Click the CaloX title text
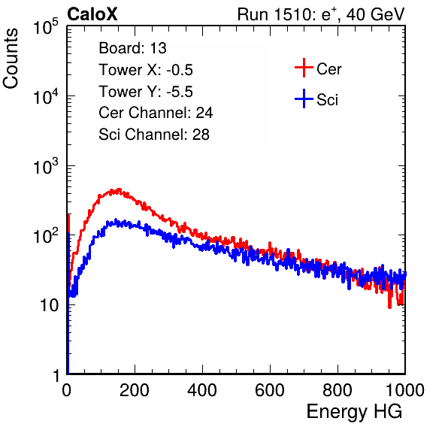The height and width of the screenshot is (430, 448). click(x=92, y=14)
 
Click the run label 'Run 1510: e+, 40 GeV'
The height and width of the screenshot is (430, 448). click(x=321, y=14)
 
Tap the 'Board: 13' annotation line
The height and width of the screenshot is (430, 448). click(x=132, y=48)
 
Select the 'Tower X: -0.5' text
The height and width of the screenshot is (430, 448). click(x=146, y=70)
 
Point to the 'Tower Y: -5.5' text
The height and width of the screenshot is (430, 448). click(x=146, y=92)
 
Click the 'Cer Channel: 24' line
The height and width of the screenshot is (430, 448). click(x=156, y=113)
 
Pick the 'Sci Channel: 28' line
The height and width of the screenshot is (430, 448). click(x=154, y=135)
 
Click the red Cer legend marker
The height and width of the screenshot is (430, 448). click(x=304, y=68)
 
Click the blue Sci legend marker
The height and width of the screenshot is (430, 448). click(x=304, y=98)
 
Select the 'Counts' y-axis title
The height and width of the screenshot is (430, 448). click(x=11, y=58)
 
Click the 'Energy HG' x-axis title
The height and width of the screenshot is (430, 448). click(x=354, y=412)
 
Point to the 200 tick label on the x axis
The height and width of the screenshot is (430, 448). click(x=135, y=390)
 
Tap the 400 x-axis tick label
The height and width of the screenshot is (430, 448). click(x=202, y=390)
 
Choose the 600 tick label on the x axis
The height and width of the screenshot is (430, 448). click(x=270, y=390)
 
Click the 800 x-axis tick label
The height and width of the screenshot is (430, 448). click(x=338, y=390)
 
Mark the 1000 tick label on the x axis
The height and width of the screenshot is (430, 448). click(x=405, y=390)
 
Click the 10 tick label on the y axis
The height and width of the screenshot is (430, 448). click(x=50, y=305)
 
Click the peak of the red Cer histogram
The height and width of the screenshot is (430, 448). click(x=119, y=189)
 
